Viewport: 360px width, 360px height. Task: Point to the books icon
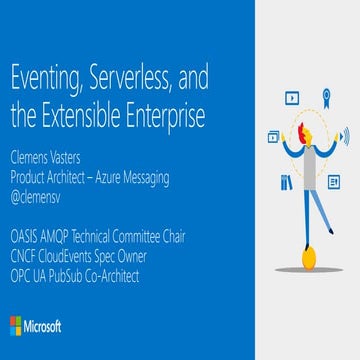pyautogui.click(x=287, y=182)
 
